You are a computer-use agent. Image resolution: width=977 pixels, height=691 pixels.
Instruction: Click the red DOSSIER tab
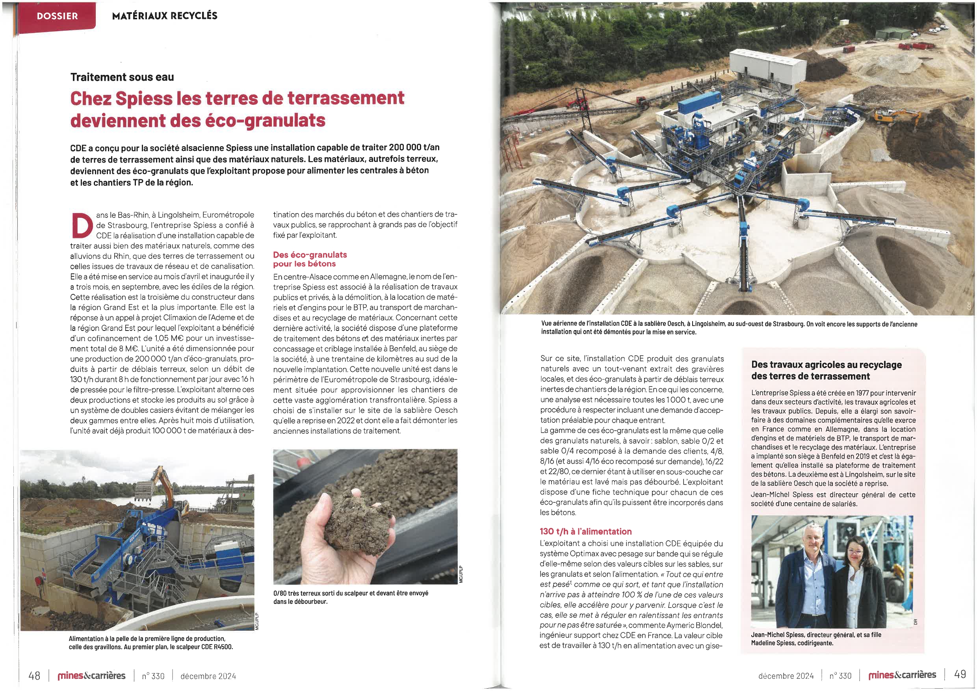[x=57, y=16]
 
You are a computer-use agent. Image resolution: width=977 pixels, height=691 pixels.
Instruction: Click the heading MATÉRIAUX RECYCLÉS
[x=165, y=16]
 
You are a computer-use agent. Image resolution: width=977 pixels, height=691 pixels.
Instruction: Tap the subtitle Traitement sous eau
[x=122, y=77]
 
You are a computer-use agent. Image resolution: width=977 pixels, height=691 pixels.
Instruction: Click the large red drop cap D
[x=82, y=225]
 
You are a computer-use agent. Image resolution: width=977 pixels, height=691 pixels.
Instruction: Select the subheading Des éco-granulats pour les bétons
[x=310, y=259]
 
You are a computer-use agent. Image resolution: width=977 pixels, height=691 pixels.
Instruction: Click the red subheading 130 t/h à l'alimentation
[x=585, y=531]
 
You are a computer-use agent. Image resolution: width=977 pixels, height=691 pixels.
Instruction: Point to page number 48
[x=34, y=676]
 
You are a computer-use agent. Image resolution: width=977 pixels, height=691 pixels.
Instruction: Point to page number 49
[x=960, y=674]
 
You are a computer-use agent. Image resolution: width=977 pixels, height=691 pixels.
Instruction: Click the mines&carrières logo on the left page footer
[x=91, y=676]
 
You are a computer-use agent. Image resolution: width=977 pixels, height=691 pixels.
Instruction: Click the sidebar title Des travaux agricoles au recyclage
[x=826, y=370]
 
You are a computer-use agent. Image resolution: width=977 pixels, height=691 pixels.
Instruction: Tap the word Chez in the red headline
[x=91, y=98]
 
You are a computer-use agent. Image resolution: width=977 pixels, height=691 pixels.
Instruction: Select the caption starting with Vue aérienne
[x=728, y=328]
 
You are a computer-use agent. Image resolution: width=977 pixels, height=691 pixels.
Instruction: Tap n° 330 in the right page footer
[x=840, y=676]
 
